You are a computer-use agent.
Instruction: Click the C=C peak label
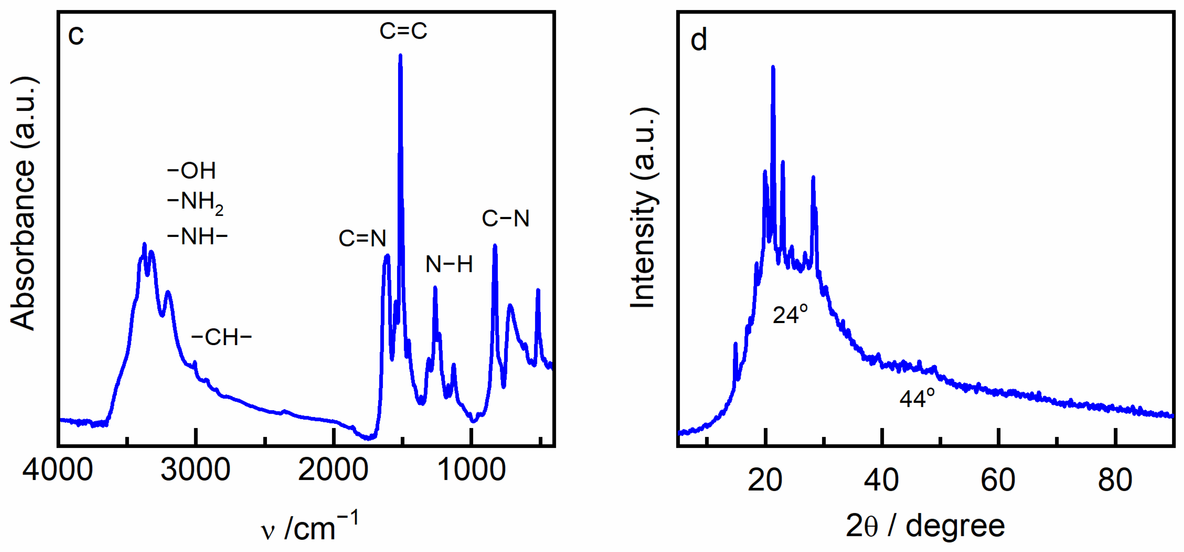pos(403,31)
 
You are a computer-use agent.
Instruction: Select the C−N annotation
pos(505,218)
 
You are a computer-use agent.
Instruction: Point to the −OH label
pos(192,171)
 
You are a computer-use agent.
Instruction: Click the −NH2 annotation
pos(195,202)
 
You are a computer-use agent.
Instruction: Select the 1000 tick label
pos(471,470)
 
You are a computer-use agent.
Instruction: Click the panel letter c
pos(76,35)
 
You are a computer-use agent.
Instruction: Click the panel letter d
pos(698,40)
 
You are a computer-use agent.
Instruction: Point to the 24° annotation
pos(790,315)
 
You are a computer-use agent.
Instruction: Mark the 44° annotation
pos(916,398)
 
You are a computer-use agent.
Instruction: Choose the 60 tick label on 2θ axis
pos(998,480)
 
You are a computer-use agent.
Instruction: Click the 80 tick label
pos(1115,480)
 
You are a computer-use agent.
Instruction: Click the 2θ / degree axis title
pos(925,526)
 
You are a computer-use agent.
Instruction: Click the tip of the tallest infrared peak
pos(400,56)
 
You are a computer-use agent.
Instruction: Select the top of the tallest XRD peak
pos(773,67)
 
